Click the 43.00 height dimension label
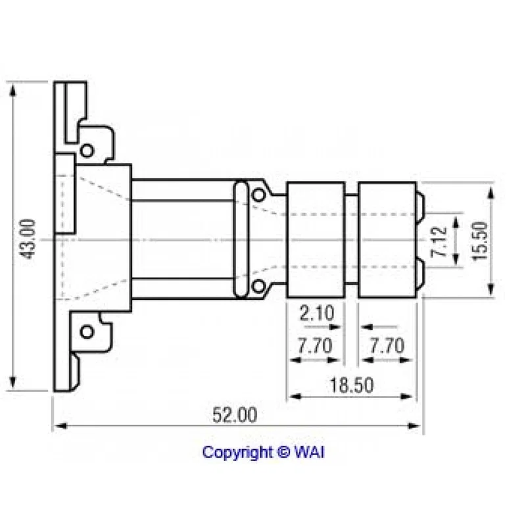pos(27,239)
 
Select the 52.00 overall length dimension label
pos(235,415)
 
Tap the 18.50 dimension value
pos(352,385)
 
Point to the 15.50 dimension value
pos(479,241)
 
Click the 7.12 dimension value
pos(439,241)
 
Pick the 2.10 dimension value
pos(317,313)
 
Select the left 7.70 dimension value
pos(315,346)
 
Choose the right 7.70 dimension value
pos(387,346)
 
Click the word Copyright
pos(237,453)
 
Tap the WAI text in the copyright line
pos(309,452)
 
